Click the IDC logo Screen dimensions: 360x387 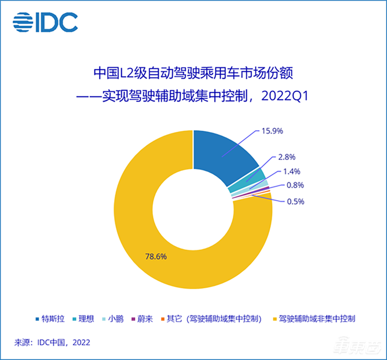click(x=46, y=22)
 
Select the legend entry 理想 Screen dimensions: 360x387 click(x=83, y=319)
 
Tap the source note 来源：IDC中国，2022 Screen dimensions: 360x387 click(x=53, y=343)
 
